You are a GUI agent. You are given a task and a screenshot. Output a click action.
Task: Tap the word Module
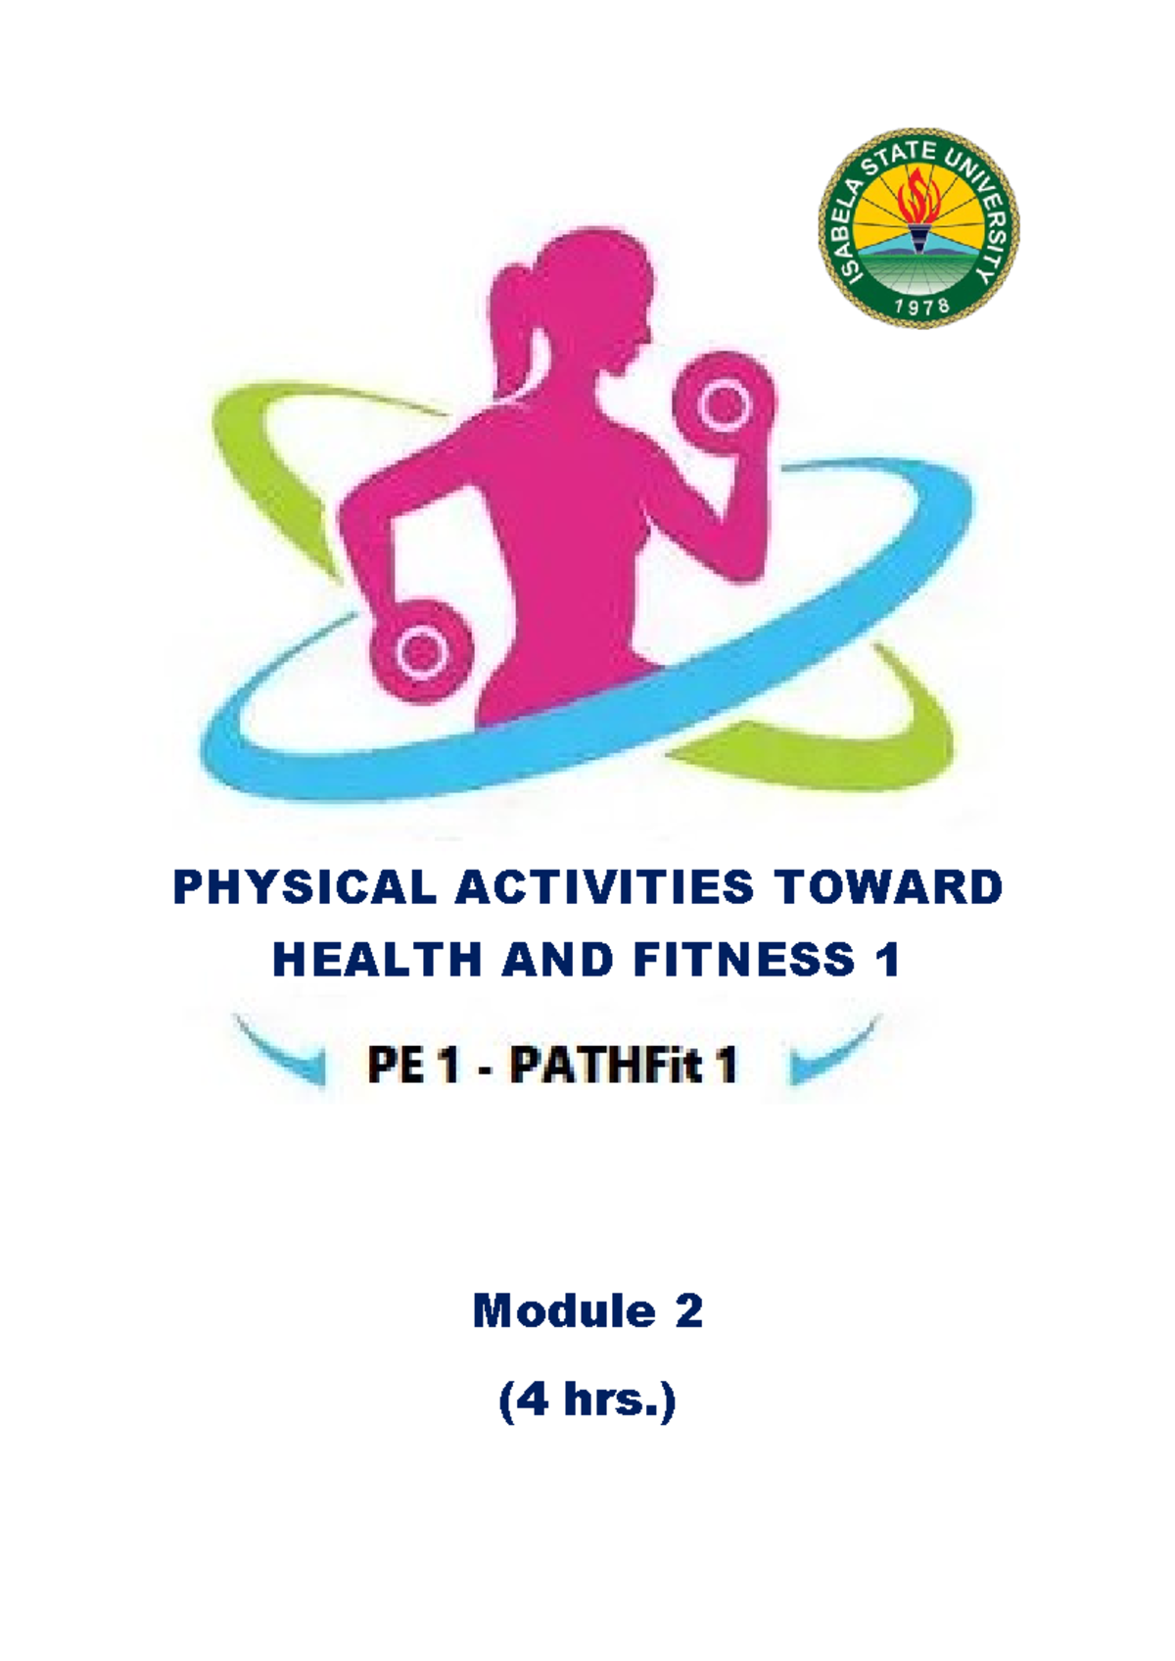(563, 1310)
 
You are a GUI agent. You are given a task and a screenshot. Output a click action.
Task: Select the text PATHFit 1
(623, 1066)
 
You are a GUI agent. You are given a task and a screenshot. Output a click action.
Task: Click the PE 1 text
(413, 1066)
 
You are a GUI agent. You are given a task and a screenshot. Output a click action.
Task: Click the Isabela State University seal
(918, 227)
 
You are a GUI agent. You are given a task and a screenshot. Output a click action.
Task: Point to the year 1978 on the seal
(919, 306)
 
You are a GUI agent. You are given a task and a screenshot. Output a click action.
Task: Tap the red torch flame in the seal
(918, 196)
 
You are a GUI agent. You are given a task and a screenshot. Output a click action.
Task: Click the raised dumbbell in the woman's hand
(723, 403)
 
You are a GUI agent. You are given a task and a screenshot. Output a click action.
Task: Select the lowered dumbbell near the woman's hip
(421, 650)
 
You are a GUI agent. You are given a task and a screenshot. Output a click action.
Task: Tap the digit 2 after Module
(688, 1310)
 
